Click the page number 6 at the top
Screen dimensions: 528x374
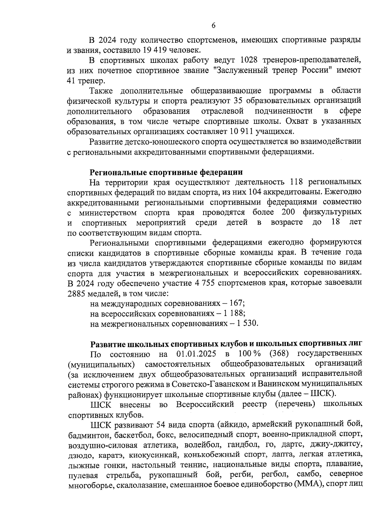click(213, 26)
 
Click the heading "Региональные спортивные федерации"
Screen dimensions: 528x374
click(166, 172)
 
